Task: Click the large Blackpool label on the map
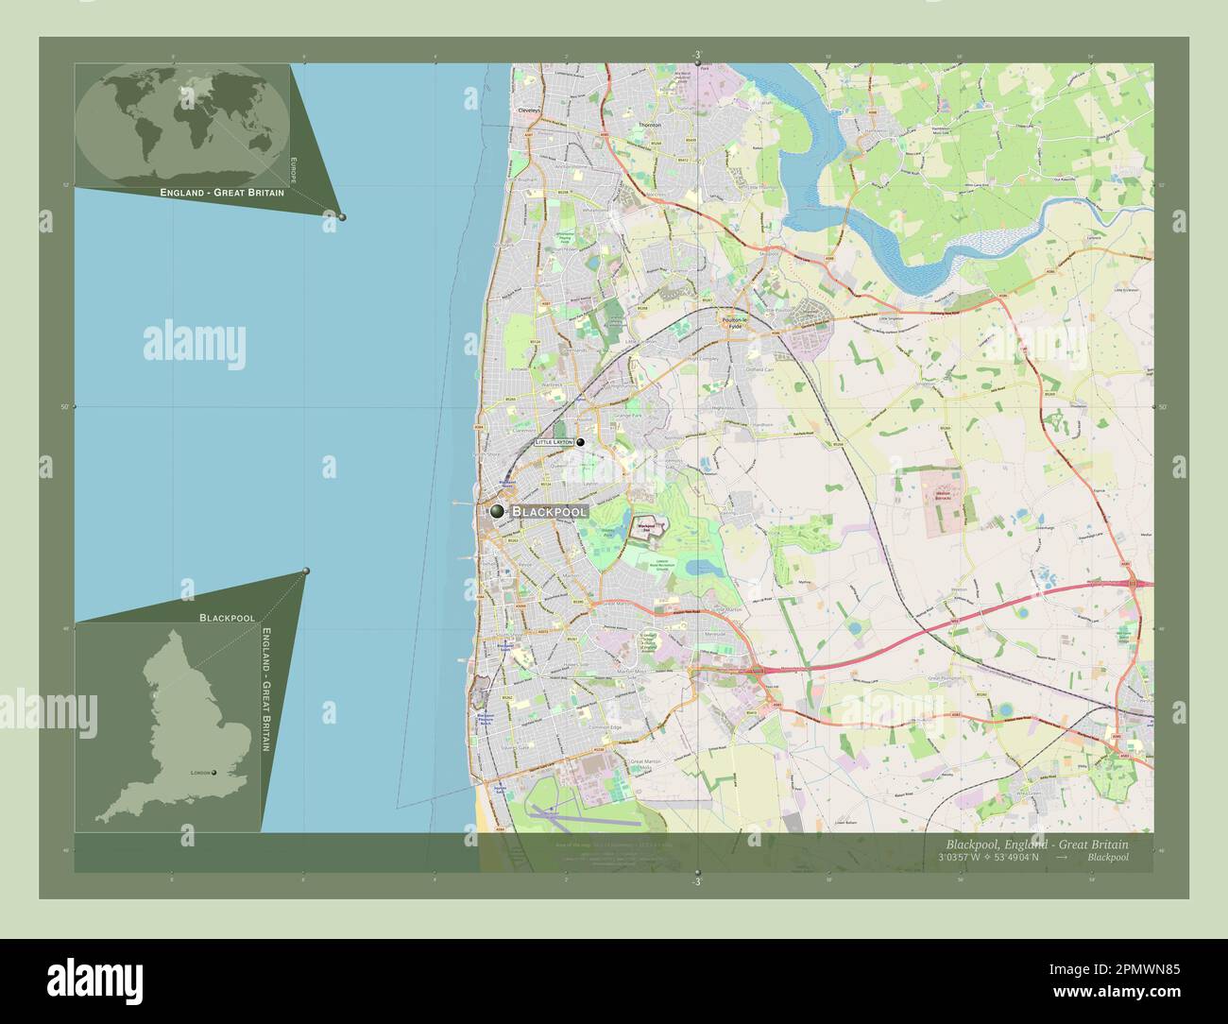pyautogui.click(x=550, y=511)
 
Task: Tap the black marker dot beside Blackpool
pyautogui.click(x=498, y=511)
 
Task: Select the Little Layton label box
pyautogui.click(x=554, y=442)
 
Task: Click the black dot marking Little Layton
pyautogui.click(x=581, y=442)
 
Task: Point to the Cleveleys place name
pyautogui.click(x=528, y=111)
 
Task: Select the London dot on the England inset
pyautogui.click(x=214, y=773)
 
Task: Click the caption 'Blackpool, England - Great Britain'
pyautogui.click(x=1035, y=844)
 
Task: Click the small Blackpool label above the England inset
pyautogui.click(x=227, y=617)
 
